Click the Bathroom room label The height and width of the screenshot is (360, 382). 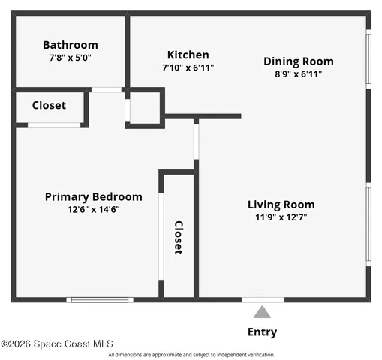pyautogui.click(x=70, y=45)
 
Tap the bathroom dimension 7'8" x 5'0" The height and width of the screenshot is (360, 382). pyautogui.click(x=70, y=57)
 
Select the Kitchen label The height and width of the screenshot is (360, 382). pyautogui.click(x=188, y=55)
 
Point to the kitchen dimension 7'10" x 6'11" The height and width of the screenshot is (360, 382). pyautogui.click(x=188, y=67)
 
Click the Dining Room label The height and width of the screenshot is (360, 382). pyautogui.click(x=298, y=61)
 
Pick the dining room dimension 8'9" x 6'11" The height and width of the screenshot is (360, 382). pyautogui.click(x=298, y=73)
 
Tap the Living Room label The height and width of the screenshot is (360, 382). pyautogui.click(x=281, y=205)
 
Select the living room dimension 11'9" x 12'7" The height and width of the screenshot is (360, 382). pyautogui.click(x=281, y=217)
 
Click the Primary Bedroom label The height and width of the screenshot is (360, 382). pyautogui.click(x=93, y=197)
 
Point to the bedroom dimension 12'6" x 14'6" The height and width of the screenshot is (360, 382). pyautogui.click(x=93, y=209)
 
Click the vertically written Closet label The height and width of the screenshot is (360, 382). pyautogui.click(x=179, y=238)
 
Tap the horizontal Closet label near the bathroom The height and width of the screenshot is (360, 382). pyautogui.click(x=49, y=106)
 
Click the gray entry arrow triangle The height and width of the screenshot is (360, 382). pyautogui.click(x=261, y=313)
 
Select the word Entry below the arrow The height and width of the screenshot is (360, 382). pyautogui.click(x=261, y=331)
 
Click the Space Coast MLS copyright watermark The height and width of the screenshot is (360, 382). pyautogui.click(x=57, y=343)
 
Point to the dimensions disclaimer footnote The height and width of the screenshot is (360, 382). pyautogui.click(x=191, y=355)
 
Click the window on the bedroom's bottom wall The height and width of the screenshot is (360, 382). pyautogui.click(x=100, y=300)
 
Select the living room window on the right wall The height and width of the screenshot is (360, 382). pyautogui.click(x=368, y=223)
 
